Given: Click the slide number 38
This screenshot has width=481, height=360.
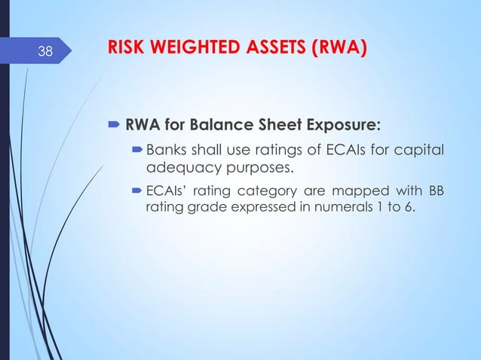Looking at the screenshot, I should tap(46, 52).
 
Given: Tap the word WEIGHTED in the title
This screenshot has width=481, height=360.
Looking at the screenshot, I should tap(195, 50).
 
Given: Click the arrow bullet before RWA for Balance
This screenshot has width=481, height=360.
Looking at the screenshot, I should tap(114, 123).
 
